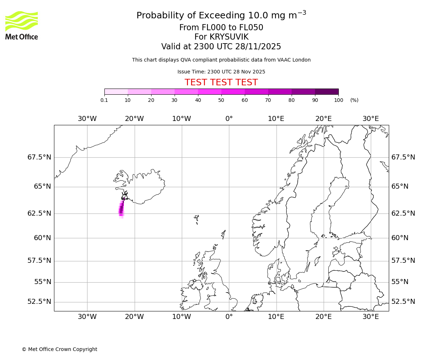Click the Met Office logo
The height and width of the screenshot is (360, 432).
[x=22, y=25]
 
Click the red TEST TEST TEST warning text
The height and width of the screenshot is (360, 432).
[x=221, y=82]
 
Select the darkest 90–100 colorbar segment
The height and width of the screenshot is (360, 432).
[x=327, y=91]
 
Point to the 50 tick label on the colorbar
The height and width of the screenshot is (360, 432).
[x=221, y=100]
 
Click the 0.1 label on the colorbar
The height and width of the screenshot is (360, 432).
[x=104, y=100]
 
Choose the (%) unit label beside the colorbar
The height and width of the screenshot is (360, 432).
[x=354, y=100]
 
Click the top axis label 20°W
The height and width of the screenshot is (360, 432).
[x=134, y=119]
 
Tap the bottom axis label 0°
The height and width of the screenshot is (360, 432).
[x=229, y=317]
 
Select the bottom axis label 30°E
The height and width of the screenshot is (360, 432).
[x=370, y=317]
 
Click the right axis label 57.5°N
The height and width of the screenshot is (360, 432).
[x=403, y=261]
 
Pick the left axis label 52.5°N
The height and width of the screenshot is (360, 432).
[x=39, y=302]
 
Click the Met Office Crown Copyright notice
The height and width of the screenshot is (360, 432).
[x=59, y=349]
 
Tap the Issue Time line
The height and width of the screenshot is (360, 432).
[x=221, y=72]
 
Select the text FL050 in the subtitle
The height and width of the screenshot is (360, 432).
[x=251, y=28]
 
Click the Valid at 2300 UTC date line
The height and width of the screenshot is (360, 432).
[x=221, y=47]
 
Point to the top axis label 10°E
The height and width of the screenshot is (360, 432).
[x=276, y=119]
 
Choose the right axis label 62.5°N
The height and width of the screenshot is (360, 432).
[x=403, y=213]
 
